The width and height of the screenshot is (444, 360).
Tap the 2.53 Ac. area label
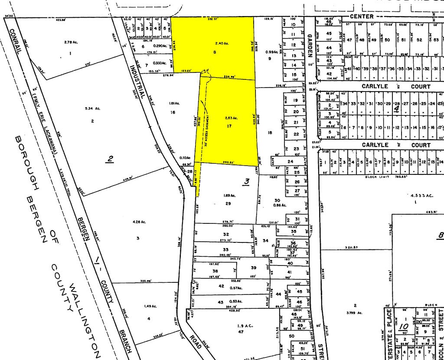(x=232, y=118)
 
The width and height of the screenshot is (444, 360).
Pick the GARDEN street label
(x=310, y=46)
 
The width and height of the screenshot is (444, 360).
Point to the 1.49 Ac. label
(x=150, y=306)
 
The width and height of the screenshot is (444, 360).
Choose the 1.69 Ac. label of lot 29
(x=229, y=195)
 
